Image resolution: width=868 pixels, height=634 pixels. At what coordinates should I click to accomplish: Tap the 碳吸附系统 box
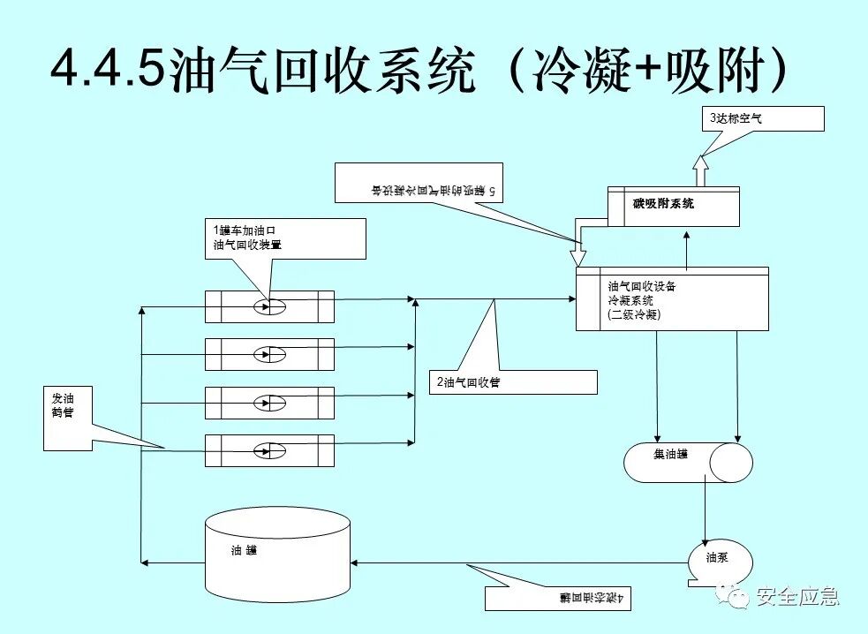[x=673, y=205]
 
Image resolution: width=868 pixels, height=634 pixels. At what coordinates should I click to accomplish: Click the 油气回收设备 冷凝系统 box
[x=671, y=299]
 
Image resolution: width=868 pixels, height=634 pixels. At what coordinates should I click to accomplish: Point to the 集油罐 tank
[x=688, y=462]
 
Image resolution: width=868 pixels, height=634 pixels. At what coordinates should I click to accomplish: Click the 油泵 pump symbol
[x=720, y=560]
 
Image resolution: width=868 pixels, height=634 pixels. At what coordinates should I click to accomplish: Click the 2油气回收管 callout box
[x=512, y=381]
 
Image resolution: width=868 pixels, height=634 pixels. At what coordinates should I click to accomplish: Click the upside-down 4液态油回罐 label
[x=556, y=598]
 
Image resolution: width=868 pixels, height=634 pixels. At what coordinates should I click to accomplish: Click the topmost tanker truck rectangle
[x=269, y=306]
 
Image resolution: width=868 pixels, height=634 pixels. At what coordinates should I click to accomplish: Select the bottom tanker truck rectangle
[x=269, y=450]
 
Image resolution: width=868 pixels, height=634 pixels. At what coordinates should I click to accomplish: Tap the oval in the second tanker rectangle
[x=269, y=354]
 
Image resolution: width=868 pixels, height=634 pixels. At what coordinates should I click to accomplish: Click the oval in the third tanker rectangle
[x=269, y=403]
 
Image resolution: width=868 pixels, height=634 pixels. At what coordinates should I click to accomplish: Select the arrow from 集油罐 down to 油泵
[x=705, y=512]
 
